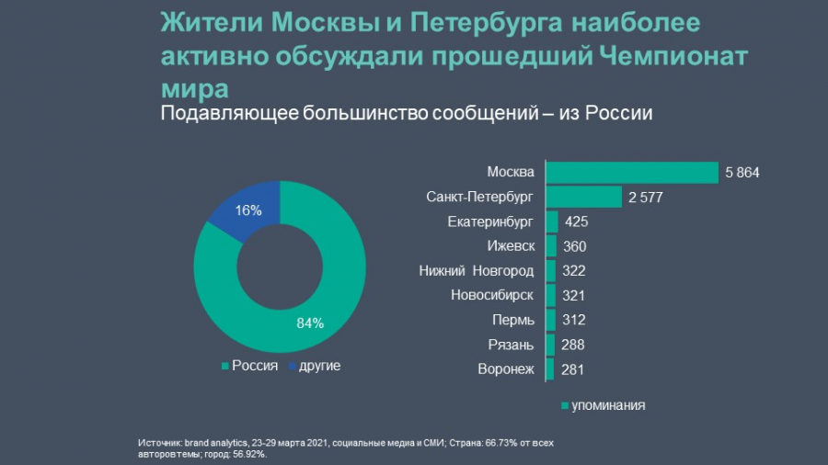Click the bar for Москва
tap(632, 173)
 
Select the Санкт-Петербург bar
tap(584, 198)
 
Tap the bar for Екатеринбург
tap(552, 222)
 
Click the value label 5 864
tap(742, 173)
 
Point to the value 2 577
tap(645, 198)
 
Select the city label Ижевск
tap(511, 246)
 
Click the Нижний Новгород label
tap(477, 271)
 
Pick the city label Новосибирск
tap(492, 295)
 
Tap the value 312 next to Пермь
tap(573, 320)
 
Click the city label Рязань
tap(511, 346)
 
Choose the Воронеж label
tap(506, 369)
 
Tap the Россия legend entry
tap(249, 366)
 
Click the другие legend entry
tap(315, 366)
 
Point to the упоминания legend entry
tap(603, 405)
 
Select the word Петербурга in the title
tap(486, 23)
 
